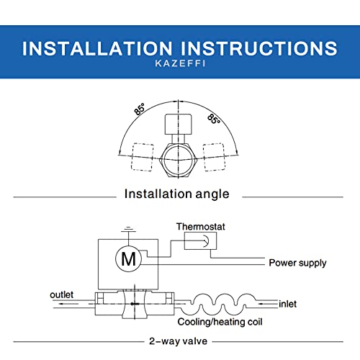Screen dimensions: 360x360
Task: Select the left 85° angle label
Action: pos(138,110)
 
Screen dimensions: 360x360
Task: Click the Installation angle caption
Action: pos(177,194)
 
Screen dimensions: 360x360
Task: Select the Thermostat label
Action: pos(201,226)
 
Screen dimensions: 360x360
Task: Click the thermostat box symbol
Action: pos(199,242)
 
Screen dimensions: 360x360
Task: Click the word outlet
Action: pos(63,294)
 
